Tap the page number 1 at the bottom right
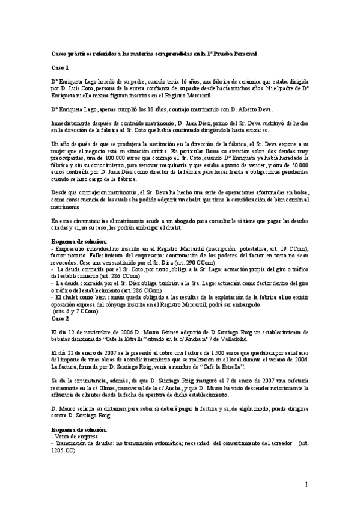tap(306, 485)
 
